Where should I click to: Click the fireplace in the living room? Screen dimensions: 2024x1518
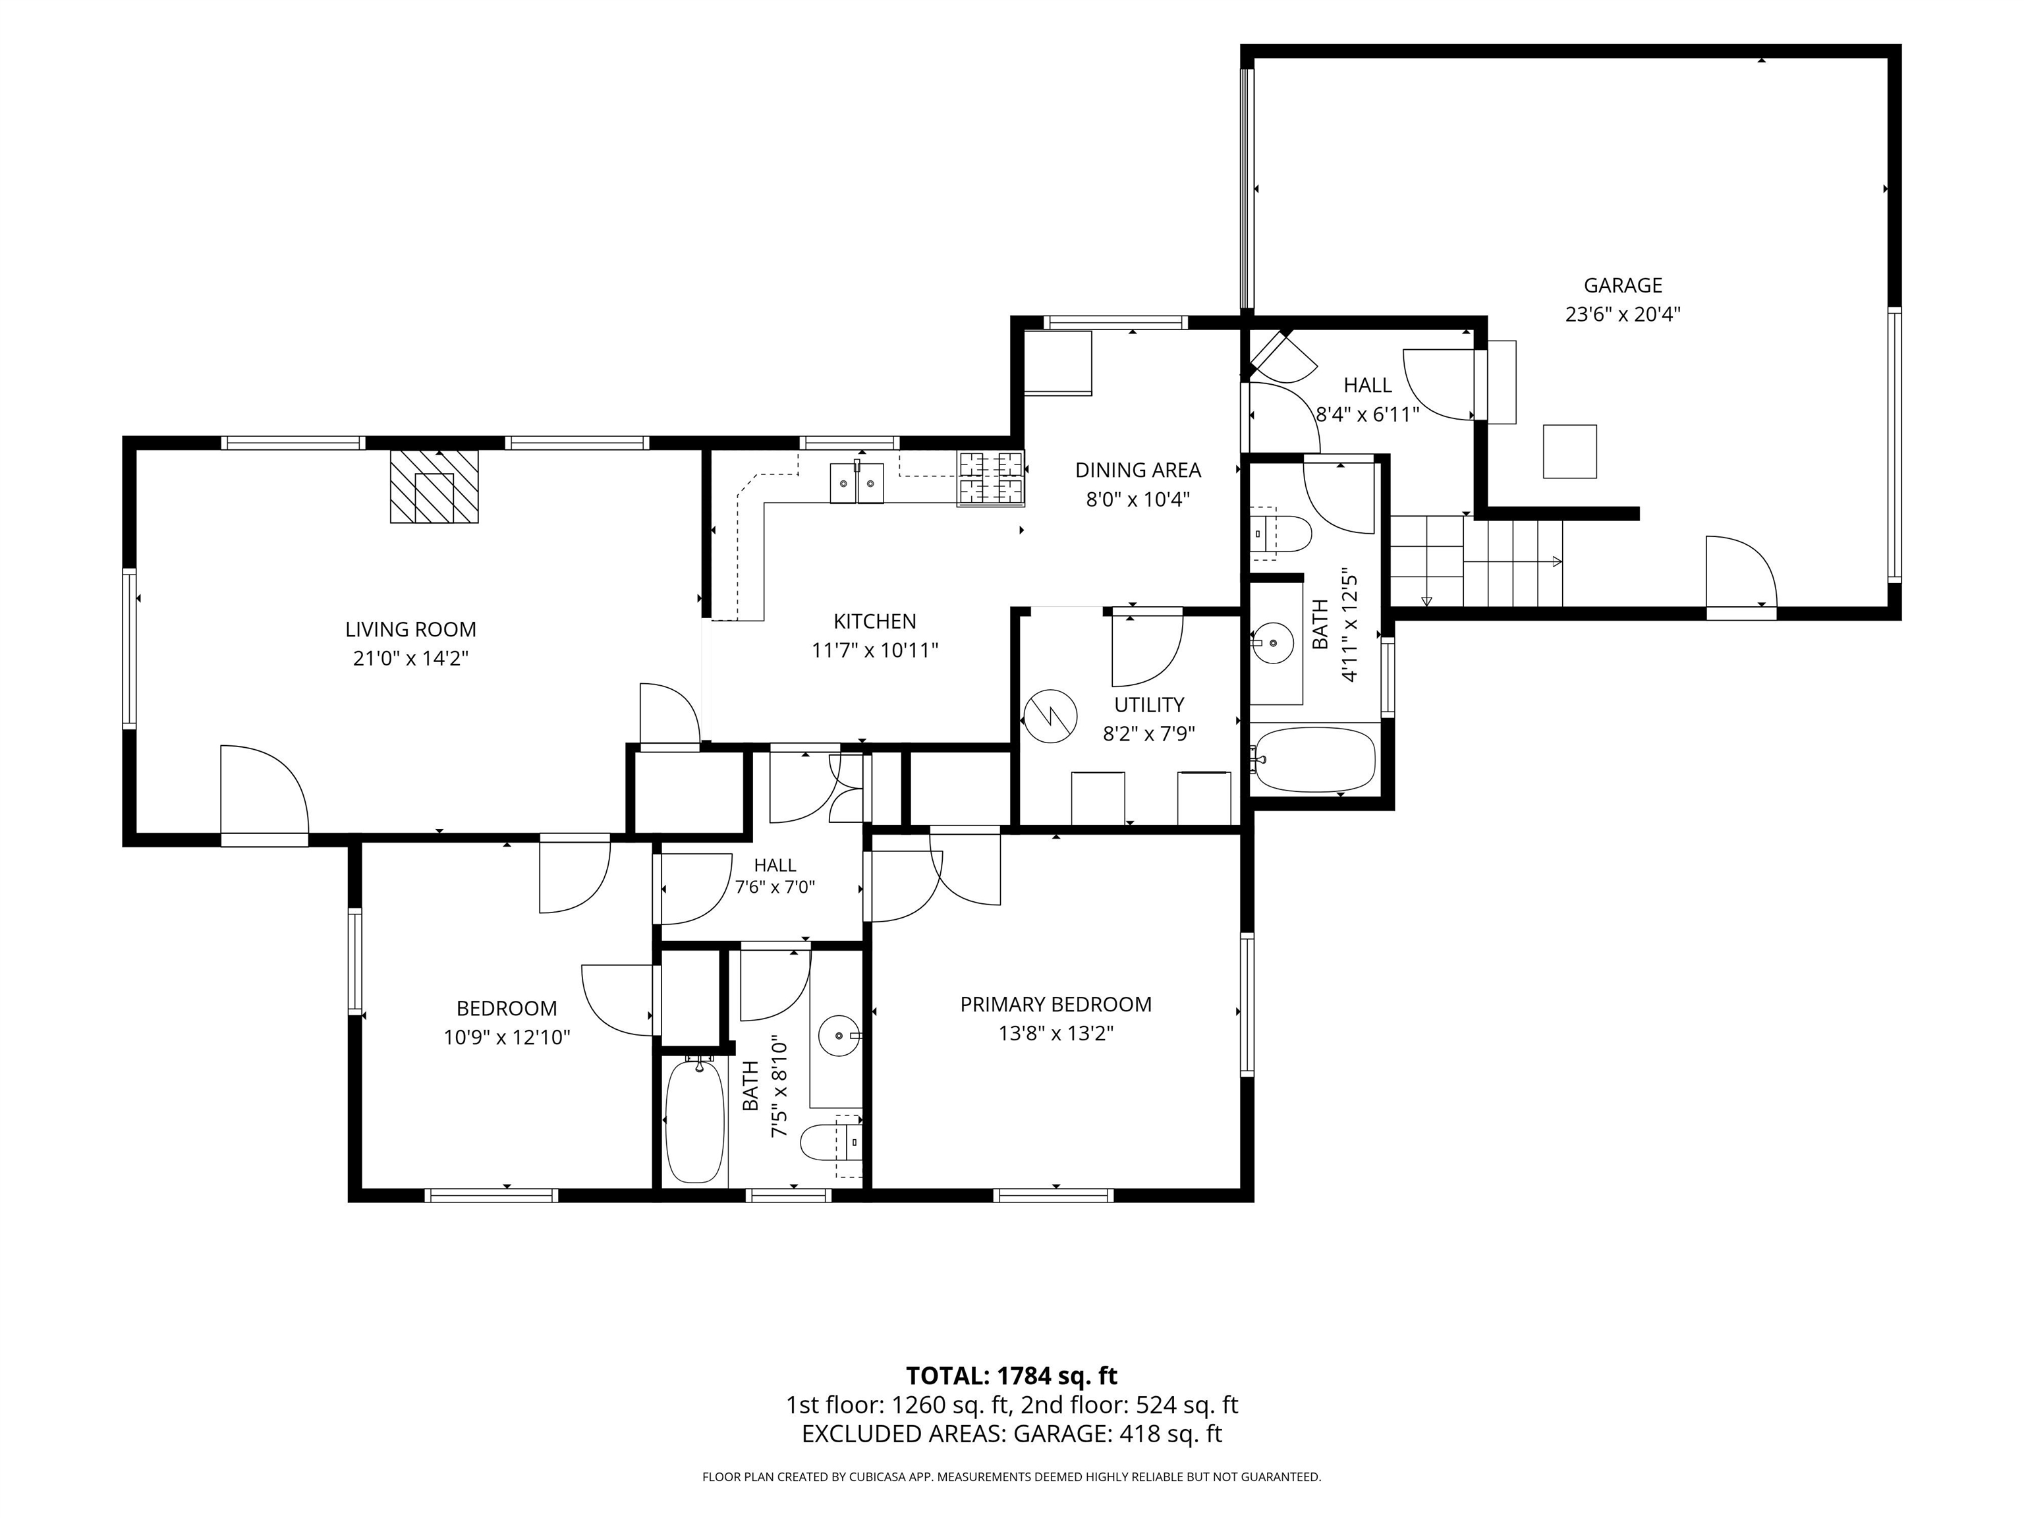(x=435, y=486)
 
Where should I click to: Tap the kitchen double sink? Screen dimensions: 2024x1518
(x=857, y=483)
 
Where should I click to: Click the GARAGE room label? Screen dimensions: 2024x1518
(x=1623, y=285)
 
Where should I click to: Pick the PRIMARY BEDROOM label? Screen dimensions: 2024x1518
(x=1056, y=1005)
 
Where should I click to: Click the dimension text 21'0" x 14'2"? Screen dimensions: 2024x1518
(x=411, y=659)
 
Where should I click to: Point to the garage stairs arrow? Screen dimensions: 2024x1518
(x=1513, y=563)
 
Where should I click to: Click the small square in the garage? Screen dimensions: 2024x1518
(x=1570, y=451)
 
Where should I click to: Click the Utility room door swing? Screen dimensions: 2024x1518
(x=1148, y=650)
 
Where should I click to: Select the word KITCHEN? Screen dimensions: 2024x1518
(x=875, y=622)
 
